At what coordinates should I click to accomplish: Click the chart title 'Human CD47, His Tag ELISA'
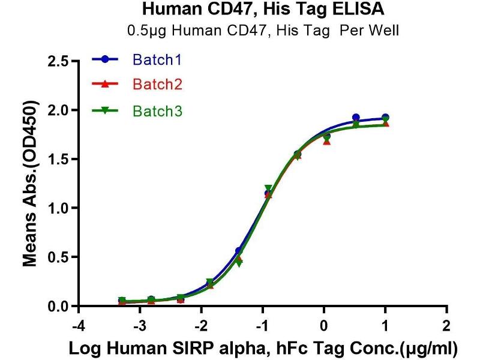pyautogui.click(x=263, y=10)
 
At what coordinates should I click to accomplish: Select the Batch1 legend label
pyautogui.click(x=157, y=60)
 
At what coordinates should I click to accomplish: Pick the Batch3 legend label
pyautogui.click(x=157, y=111)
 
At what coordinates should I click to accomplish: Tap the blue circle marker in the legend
pyautogui.click(x=106, y=59)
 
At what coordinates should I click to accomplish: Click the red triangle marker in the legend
pyautogui.click(x=106, y=85)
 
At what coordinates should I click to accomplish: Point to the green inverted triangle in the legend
pyautogui.click(x=106, y=111)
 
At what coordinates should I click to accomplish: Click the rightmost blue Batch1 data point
pyautogui.click(x=385, y=118)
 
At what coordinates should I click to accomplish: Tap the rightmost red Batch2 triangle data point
pyautogui.click(x=385, y=124)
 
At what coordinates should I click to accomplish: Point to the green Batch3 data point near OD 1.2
pyautogui.click(x=268, y=188)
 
